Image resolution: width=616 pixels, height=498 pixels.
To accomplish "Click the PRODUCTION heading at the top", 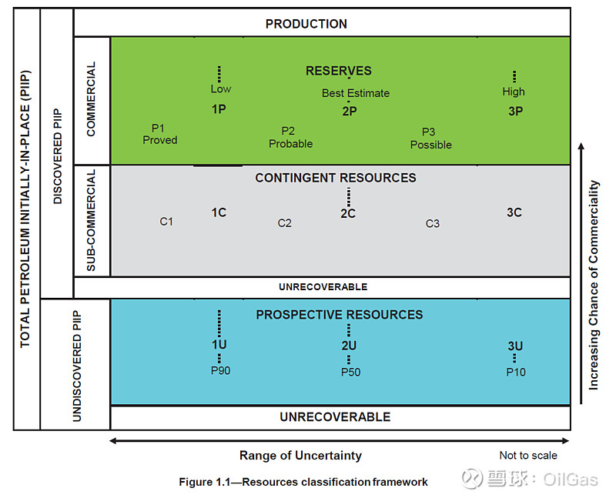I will tap(306, 24).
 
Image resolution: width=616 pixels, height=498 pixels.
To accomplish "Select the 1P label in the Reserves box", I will tap(219, 109).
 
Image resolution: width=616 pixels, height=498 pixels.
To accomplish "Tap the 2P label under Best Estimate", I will tap(350, 111).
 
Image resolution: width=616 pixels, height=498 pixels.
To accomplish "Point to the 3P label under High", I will tap(515, 111).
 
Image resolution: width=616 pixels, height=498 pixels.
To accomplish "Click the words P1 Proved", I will tap(160, 134).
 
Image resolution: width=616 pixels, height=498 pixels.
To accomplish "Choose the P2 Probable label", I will tap(290, 137).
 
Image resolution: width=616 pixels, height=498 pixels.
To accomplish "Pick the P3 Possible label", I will tap(430, 138).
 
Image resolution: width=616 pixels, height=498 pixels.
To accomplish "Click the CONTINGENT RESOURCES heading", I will tap(336, 178).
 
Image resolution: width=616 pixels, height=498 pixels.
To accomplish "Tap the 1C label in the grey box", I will tap(219, 212).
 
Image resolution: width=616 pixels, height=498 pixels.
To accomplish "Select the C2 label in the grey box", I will tap(285, 223).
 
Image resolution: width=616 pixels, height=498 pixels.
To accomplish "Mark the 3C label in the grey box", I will tap(514, 212).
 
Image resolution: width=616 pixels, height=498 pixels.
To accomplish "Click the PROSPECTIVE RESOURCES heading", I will tap(339, 315).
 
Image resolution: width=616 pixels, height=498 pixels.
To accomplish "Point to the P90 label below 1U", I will tap(220, 371).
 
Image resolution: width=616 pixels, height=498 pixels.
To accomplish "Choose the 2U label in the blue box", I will tap(349, 346).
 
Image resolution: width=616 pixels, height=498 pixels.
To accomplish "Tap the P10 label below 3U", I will tap(515, 372).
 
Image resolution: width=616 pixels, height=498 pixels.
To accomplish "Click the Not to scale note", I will tap(527, 456).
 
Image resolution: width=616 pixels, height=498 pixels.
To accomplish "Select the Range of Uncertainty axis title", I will tap(300, 456).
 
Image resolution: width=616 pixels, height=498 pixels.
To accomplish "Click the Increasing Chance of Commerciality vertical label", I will tap(594, 285).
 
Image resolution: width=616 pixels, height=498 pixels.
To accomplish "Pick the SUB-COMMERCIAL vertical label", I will tap(92, 221).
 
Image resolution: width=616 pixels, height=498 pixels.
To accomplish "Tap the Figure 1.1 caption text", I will tap(303, 482).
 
